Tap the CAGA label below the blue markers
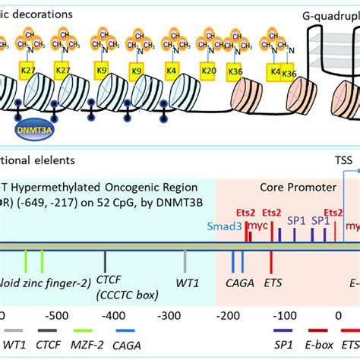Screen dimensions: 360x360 (x=236, y=282)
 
